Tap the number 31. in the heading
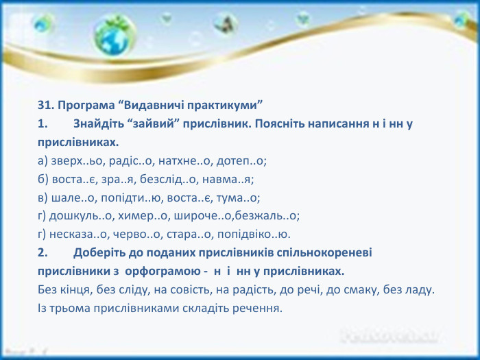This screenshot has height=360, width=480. (47, 106)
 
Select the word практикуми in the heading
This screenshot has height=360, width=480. (222, 106)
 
